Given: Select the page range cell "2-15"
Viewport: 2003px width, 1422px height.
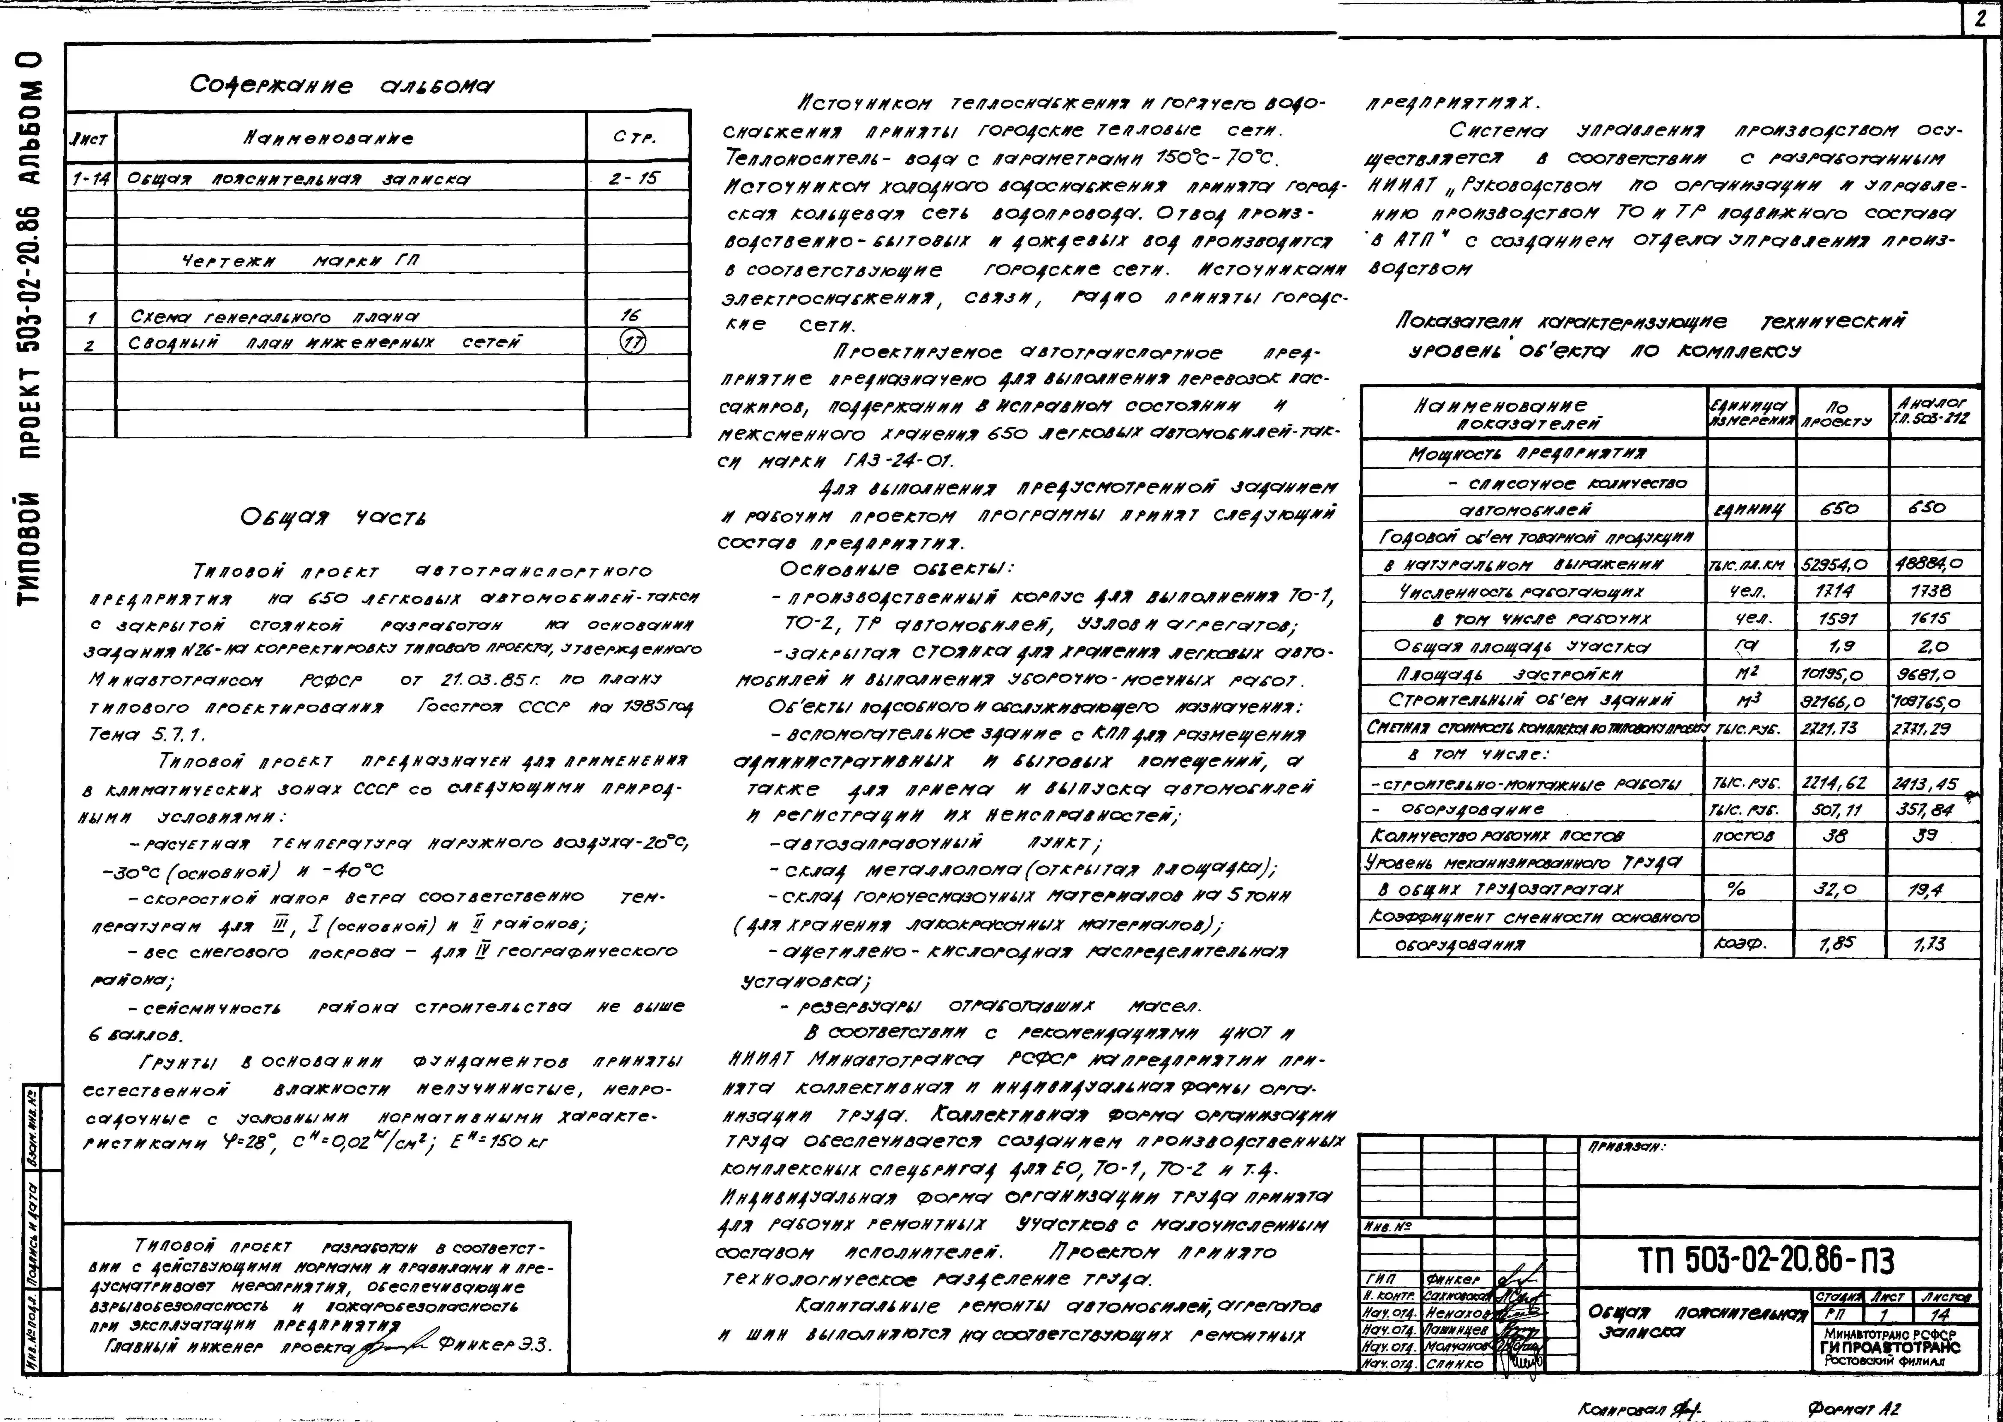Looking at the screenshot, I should [x=635, y=179].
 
